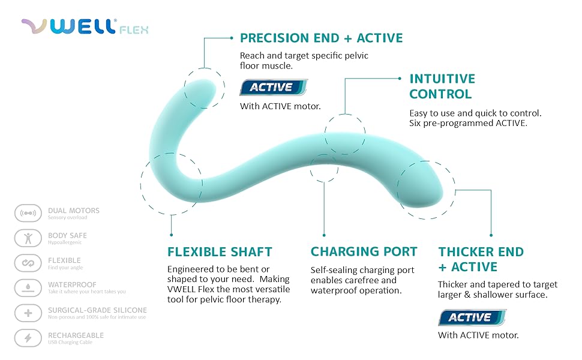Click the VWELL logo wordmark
(68, 26)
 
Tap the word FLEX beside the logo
(134, 29)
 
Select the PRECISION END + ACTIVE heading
(321, 38)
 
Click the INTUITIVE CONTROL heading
(442, 86)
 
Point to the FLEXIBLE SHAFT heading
(220, 252)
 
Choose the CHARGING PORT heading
(364, 251)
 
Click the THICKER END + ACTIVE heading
(481, 259)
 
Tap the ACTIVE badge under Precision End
(274, 87)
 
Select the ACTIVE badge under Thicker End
(472, 317)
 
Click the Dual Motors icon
(28, 213)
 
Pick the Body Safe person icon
(28, 238)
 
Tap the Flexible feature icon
(28, 263)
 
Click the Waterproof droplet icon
(28, 287)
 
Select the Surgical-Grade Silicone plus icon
(28, 313)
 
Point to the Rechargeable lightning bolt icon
(28, 338)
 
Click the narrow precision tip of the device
(203, 89)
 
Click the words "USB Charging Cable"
(70, 342)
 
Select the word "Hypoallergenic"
(65, 242)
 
